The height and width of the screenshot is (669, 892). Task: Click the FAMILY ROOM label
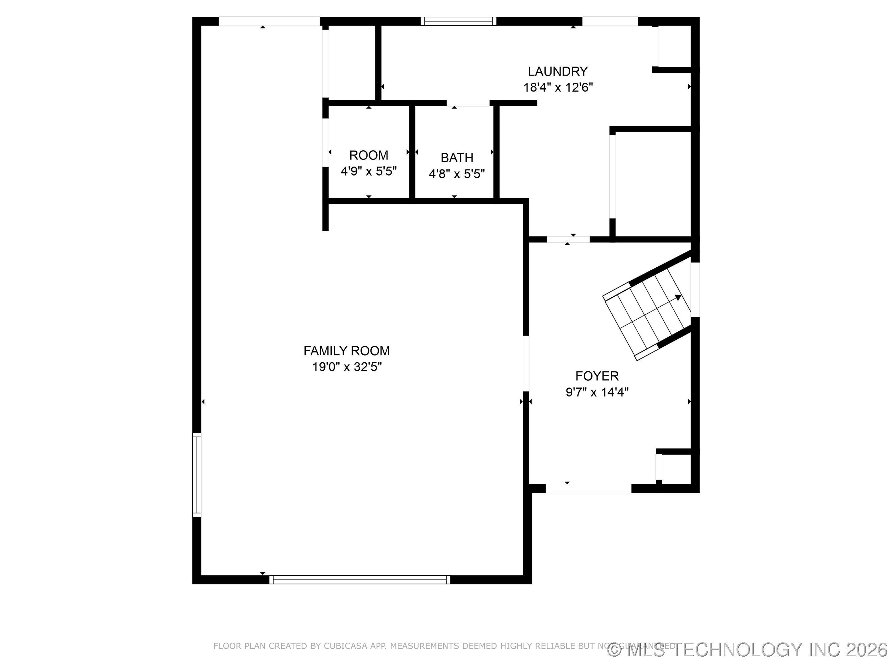pos(346,351)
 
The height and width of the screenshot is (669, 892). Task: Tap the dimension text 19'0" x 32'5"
pos(346,367)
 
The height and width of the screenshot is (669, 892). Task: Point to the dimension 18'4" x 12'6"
pos(558,88)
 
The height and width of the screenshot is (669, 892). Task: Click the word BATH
pos(457,158)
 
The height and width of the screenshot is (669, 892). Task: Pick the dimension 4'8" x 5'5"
pos(457,174)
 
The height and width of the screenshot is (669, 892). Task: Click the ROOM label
pos(369,155)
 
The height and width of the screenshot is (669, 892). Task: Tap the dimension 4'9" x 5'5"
pos(369,171)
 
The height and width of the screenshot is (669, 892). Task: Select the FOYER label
pos(597,376)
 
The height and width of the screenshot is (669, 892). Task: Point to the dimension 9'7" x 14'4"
pos(597,392)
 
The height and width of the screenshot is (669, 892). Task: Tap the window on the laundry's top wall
pos(458,21)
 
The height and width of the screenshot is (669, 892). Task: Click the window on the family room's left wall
pos(196,474)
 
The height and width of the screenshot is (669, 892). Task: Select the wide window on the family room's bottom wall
pos(360,579)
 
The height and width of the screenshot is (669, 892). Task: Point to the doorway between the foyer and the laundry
pos(568,239)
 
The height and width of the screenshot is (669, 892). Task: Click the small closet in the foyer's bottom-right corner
pos(676,469)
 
